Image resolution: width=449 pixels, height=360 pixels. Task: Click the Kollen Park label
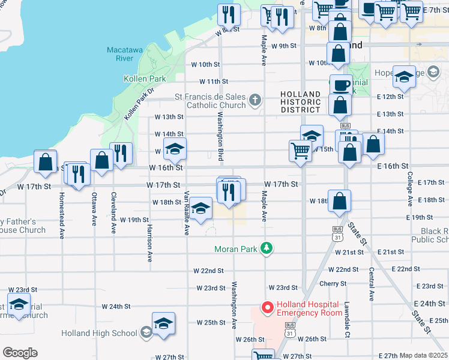tap(145, 79)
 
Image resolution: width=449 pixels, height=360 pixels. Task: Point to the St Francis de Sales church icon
tap(255, 100)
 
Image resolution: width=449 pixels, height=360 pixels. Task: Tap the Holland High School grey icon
tap(145, 333)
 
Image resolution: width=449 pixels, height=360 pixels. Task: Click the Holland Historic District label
tap(300, 102)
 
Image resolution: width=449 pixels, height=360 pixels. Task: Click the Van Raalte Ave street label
tap(187, 212)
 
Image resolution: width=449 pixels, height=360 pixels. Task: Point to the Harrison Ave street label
tap(149, 241)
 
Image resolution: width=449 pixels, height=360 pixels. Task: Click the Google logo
tap(20, 353)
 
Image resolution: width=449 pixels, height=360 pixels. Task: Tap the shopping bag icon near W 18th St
tap(340, 202)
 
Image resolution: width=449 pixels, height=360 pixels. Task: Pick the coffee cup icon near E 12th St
tap(341, 85)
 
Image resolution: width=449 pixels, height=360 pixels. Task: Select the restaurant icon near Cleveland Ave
tap(121, 154)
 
